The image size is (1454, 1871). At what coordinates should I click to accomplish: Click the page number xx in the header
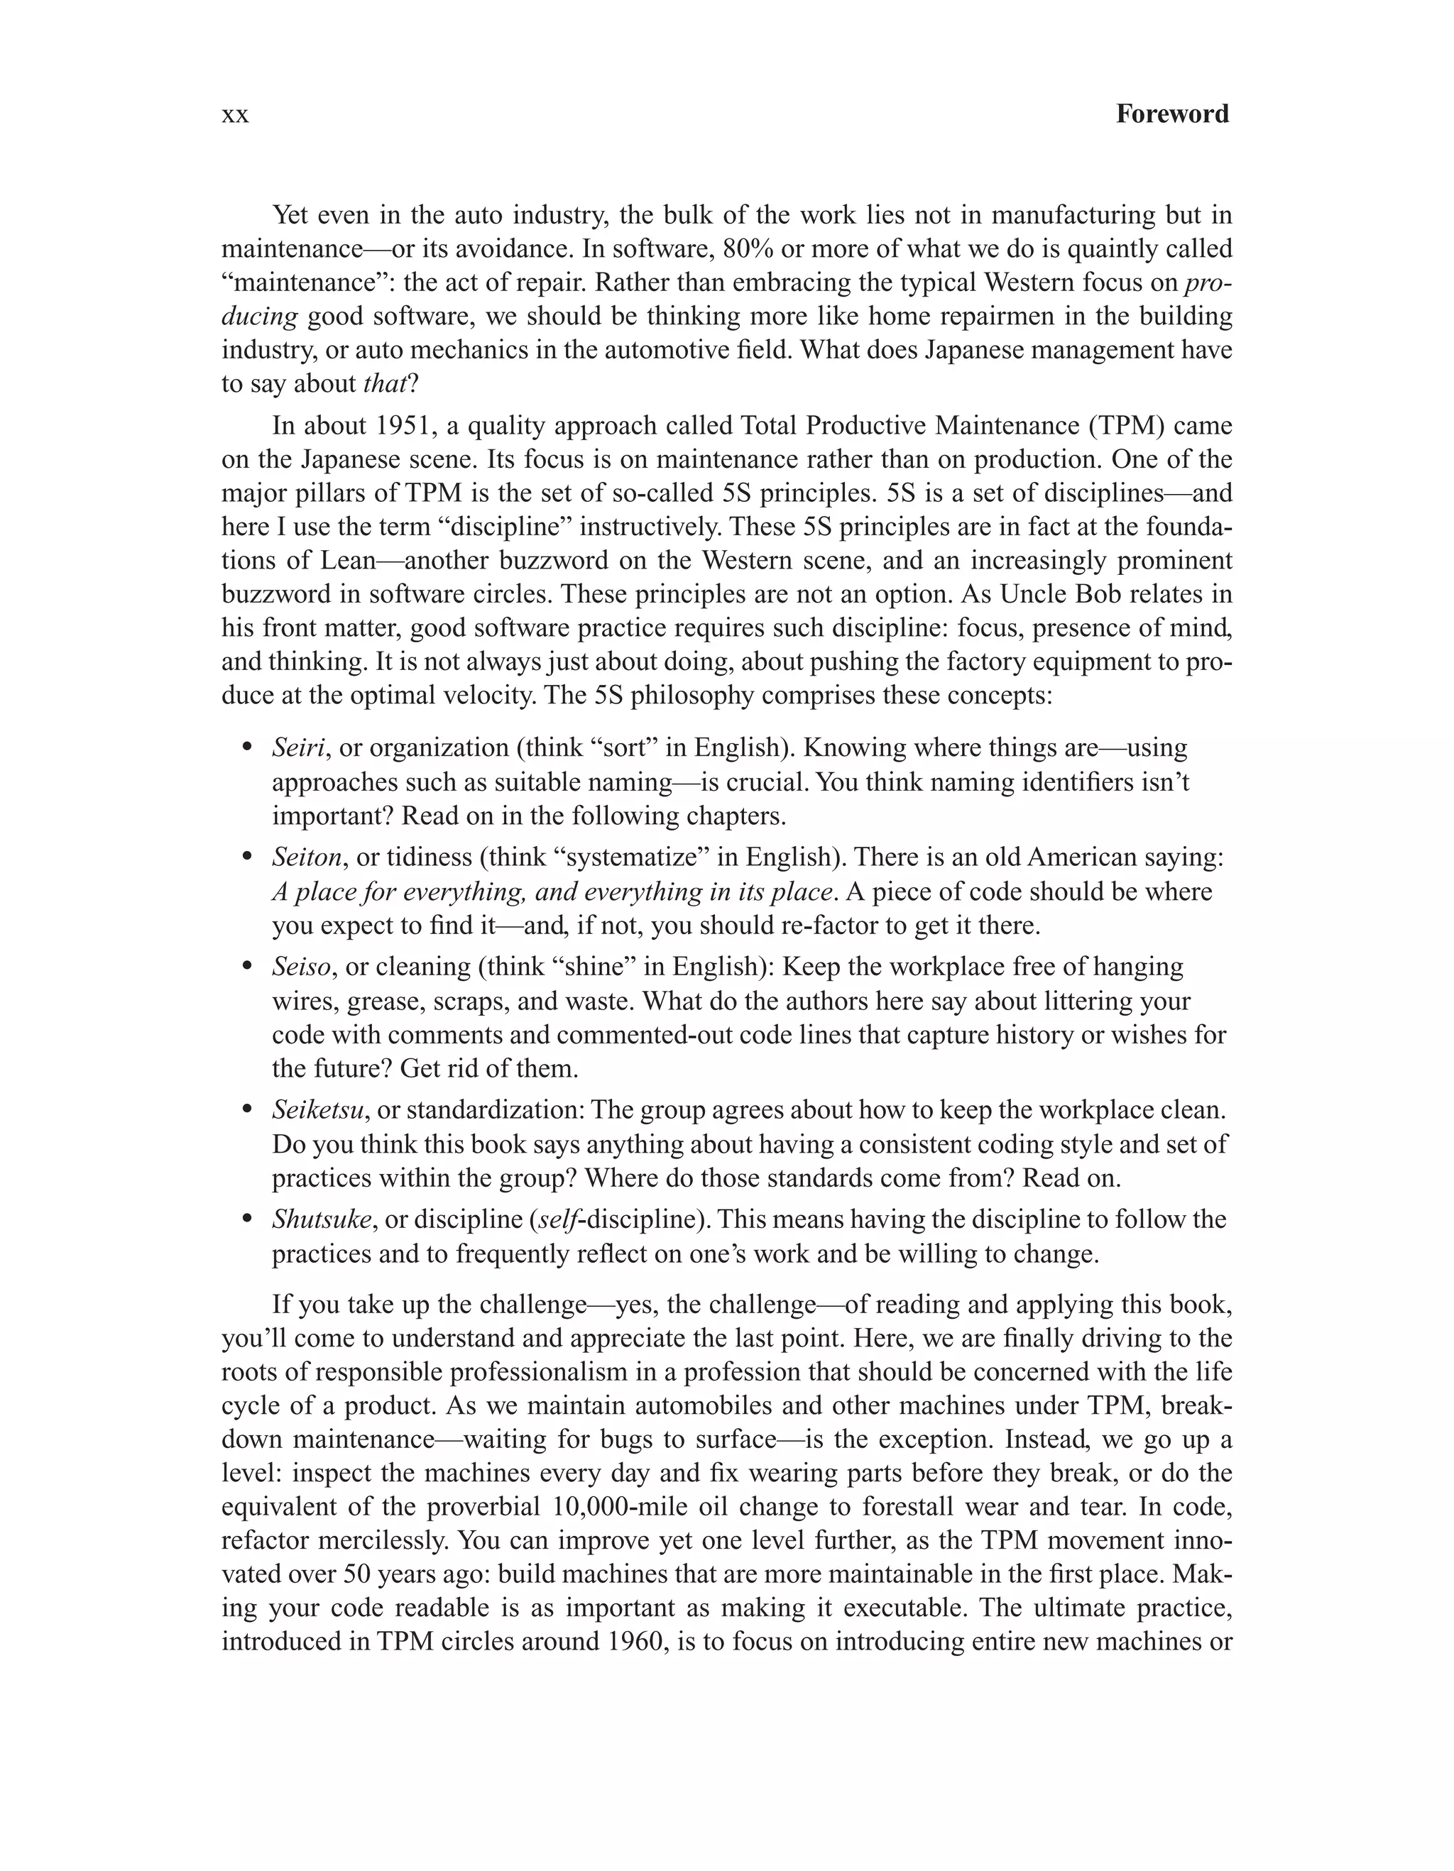coord(235,115)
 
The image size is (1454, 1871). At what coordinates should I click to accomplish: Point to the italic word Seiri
coord(298,748)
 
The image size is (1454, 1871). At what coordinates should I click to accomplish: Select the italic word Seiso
coord(302,967)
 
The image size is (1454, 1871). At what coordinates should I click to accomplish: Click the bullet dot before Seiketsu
coord(248,1110)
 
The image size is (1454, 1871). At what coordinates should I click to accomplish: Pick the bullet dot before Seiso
coord(248,967)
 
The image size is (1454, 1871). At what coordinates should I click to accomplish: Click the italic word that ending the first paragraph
coord(383,384)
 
